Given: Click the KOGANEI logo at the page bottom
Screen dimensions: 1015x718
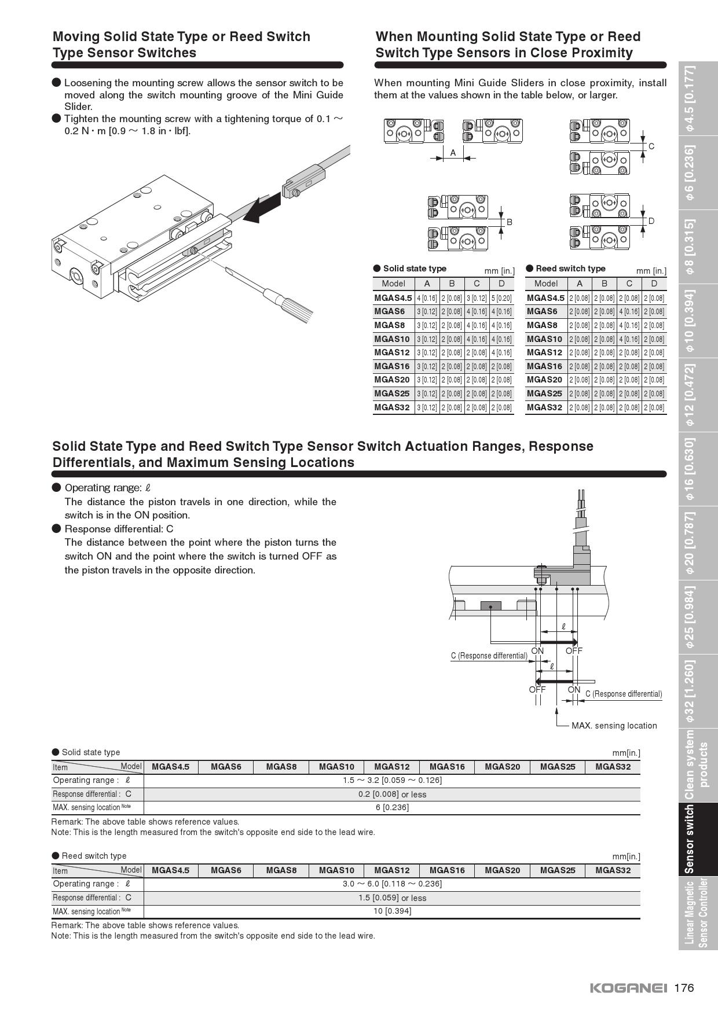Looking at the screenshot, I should [628, 988].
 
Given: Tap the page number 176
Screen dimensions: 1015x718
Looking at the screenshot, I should [684, 988].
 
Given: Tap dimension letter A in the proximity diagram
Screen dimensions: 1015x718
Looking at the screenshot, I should [453, 153].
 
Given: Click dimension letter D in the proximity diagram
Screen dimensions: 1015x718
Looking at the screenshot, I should [651, 220].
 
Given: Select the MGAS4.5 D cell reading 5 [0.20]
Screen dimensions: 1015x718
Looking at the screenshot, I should [501, 298].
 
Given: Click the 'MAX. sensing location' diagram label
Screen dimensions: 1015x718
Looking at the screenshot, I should [614, 726].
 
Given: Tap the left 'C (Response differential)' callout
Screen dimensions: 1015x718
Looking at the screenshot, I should [489, 656].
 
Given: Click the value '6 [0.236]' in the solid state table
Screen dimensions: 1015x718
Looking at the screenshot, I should [392, 807].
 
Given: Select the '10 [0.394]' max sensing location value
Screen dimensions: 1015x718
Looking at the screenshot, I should [392, 911].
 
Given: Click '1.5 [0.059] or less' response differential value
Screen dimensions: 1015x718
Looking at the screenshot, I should [392, 898].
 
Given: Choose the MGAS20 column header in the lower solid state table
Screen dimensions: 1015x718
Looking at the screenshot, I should [502, 767].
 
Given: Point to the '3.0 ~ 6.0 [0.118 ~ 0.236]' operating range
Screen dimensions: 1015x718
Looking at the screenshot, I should [392, 884].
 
